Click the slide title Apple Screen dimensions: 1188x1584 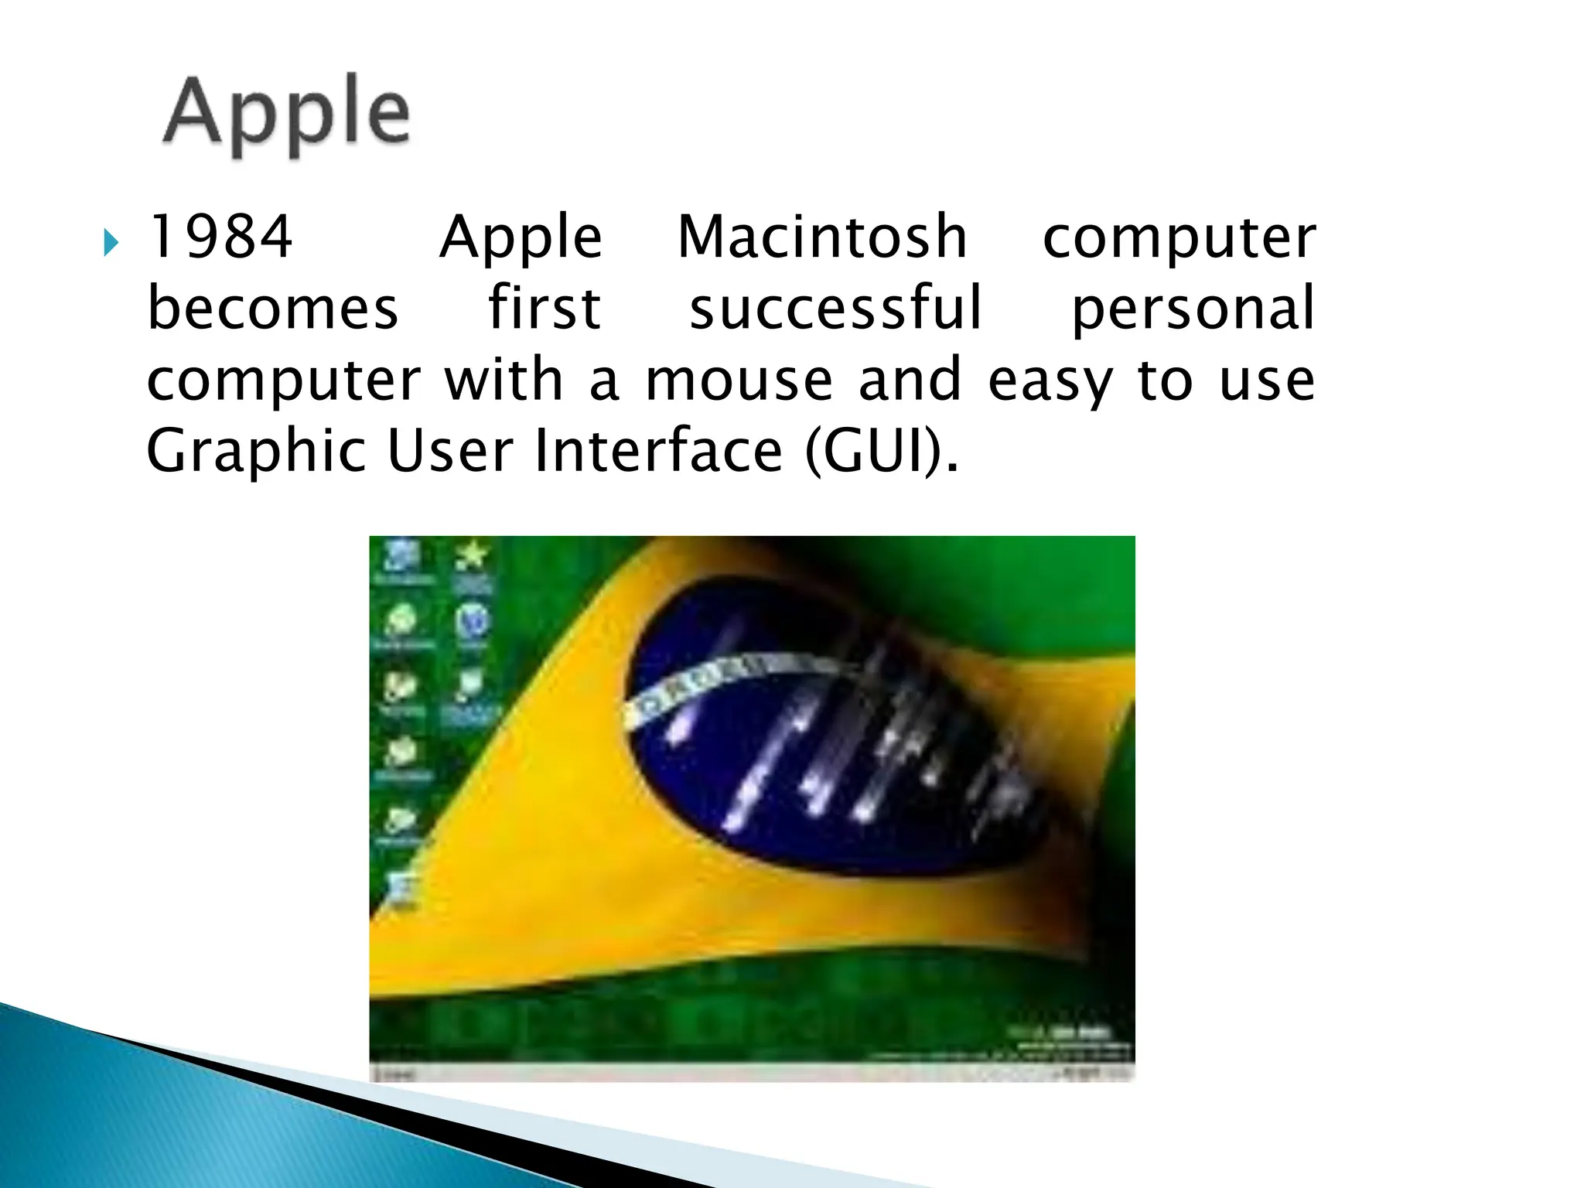pos(287,114)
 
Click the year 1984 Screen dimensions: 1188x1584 pos(220,237)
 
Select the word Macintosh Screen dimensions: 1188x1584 pos(822,237)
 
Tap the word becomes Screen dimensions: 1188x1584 pos(272,308)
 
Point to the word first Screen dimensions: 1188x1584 pos(544,308)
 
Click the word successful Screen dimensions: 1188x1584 pos(835,308)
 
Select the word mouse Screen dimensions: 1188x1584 pos(739,381)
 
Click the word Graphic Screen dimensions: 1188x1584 pos(256,452)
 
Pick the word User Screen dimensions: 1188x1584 pos(449,451)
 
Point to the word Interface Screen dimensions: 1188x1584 pos(658,451)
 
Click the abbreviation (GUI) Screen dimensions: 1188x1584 pos(882,452)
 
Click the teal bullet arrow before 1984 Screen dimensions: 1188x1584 pos(111,243)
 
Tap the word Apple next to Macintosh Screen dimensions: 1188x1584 pos(521,238)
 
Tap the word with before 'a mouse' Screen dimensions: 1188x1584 pos(504,381)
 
